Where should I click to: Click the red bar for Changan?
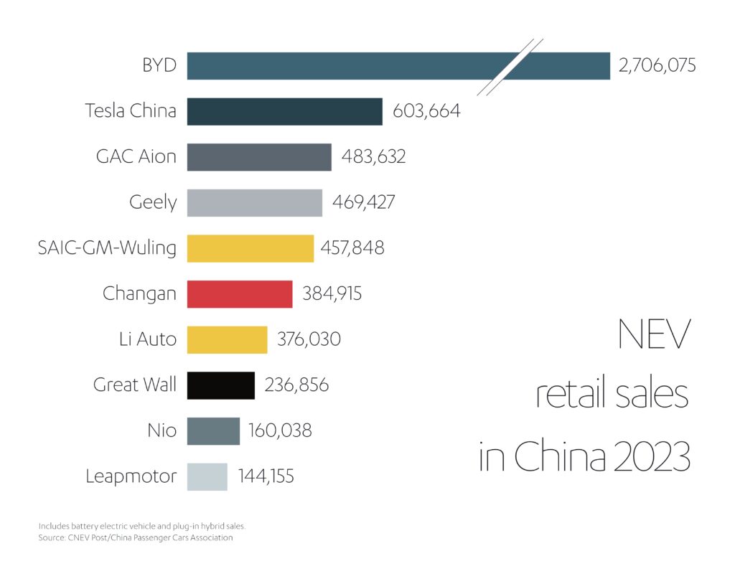pos(240,294)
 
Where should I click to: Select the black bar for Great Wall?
pos(221,385)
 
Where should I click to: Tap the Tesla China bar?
pos(284,111)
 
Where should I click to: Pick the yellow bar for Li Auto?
pos(227,339)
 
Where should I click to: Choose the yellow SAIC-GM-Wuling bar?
pos(250,248)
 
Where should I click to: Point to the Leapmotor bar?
pos(207,476)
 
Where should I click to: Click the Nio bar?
pos(213,431)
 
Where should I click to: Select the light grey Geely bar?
pos(254,202)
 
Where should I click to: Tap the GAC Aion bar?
pos(259,157)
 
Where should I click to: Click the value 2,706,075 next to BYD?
pos(657,66)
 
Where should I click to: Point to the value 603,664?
pos(426,111)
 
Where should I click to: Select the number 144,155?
pos(271,476)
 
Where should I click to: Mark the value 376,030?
pos(309,339)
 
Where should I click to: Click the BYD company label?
pos(159,66)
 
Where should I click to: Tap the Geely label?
pos(152,202)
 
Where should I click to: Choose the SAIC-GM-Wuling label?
pos(107,248)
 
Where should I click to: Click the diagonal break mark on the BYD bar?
pos(510,66)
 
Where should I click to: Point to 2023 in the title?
pos(647,457)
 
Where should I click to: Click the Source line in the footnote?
pos(136,537)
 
